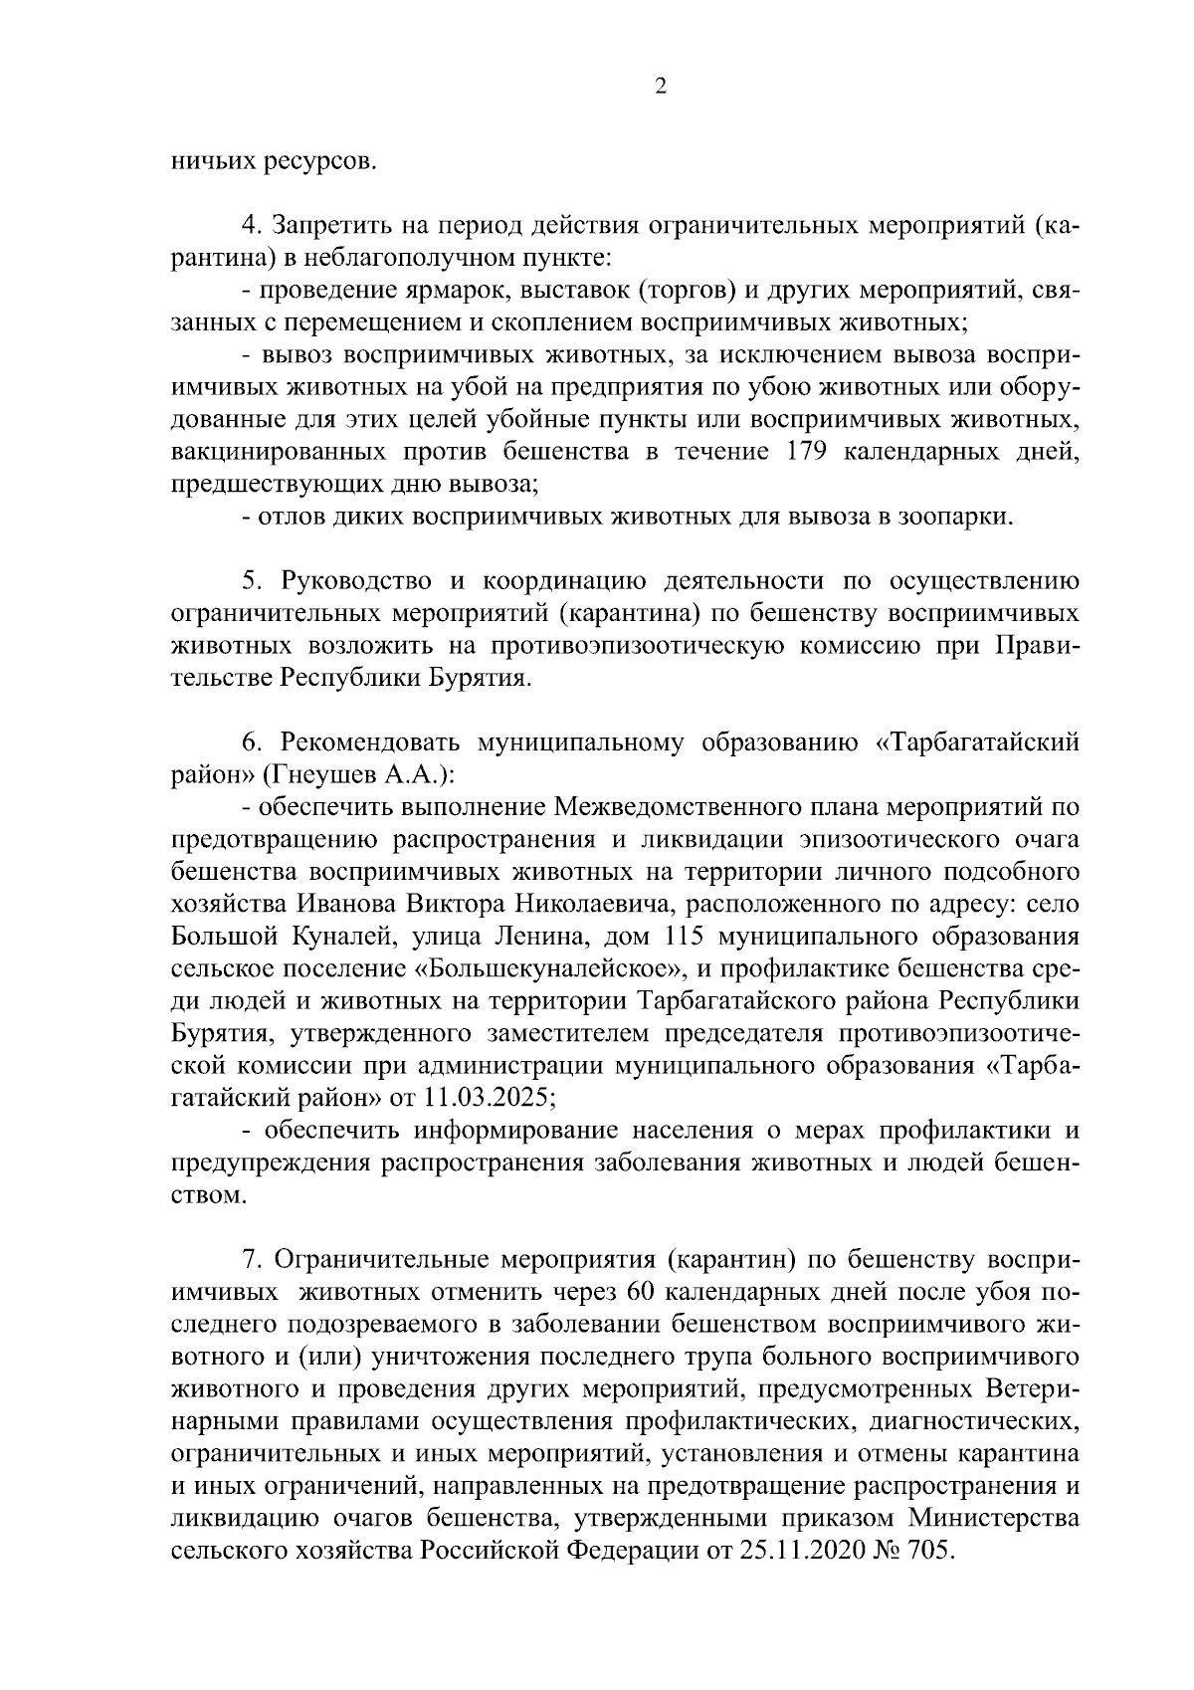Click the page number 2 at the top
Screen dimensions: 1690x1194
(660, 88)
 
